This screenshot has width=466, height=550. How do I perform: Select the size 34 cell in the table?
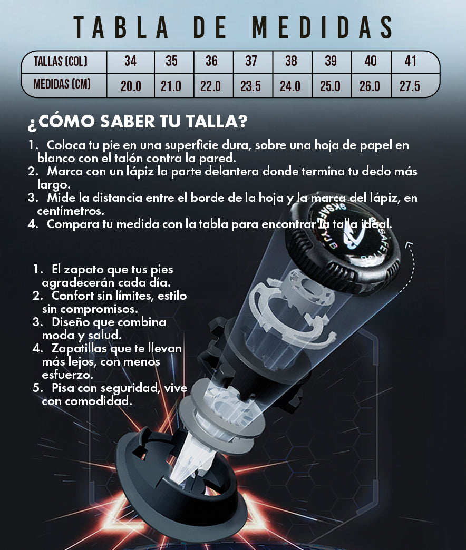[131, 62]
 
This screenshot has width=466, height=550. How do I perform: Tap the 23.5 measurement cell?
[250, 86]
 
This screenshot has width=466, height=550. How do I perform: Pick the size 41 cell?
[411, 62]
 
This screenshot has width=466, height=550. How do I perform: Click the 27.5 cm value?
[410, 86]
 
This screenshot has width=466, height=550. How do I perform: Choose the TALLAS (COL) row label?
[60, 62]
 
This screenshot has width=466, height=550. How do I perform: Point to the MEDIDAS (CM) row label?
[62, 84]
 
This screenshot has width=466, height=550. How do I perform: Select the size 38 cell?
[291, 62]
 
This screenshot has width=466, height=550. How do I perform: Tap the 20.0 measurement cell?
[131, 86]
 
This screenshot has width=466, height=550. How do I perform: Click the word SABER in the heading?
[128, 121]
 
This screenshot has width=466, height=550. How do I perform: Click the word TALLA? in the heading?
[217, 121]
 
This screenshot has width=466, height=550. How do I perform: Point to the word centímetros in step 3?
[71, 211]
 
